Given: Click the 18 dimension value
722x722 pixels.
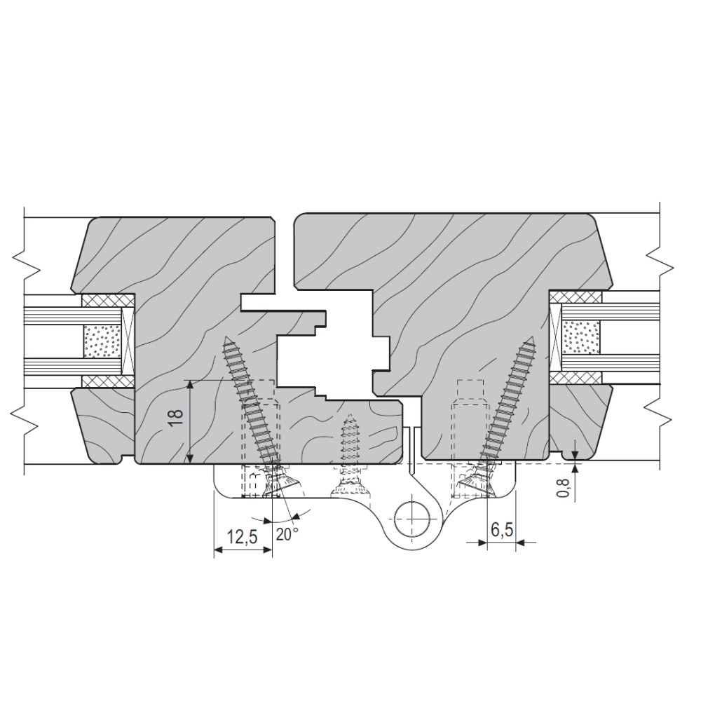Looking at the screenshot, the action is pos(176,418).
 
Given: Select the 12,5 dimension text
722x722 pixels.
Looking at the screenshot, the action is pos(243,537).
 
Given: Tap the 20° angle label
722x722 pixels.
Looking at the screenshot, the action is pos(287,534).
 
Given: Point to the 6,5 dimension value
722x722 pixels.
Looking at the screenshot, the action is pos(502,529).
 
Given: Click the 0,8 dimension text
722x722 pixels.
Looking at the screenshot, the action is pos(563,487).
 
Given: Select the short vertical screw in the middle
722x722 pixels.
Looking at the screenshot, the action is pos(350,454).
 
